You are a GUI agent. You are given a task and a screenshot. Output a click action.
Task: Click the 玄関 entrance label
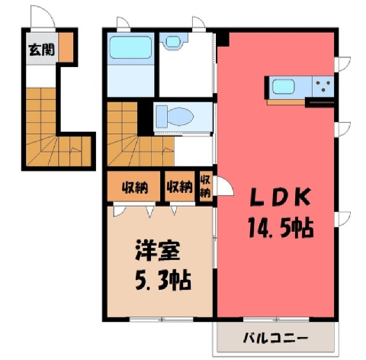click(x=41, y=50)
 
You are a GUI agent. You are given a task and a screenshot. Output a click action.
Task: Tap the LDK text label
click(x=281, y=198)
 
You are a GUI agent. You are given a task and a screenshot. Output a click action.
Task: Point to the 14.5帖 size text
click(x=281, y=227)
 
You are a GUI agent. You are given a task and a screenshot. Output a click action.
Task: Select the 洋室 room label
click(x=158, y=250)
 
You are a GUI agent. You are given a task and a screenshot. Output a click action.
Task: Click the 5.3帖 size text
click(x=163, y=281)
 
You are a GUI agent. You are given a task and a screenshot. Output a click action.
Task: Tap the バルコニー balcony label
click(x=275, y=339)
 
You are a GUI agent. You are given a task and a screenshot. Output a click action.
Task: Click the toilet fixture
click(x=175, y=117)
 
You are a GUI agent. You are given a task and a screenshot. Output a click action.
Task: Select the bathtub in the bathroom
click(x=130, y=47)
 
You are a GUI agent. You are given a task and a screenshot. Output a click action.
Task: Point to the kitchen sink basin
click(x=284, y=86)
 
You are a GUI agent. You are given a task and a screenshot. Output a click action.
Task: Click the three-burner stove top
click(x=323, y=86)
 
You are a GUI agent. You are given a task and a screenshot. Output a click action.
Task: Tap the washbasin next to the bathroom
click(x=173, y=41)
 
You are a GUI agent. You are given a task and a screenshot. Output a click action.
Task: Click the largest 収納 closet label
click(x=134, y=188)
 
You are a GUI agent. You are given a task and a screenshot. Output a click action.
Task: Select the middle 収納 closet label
click(x=179, y=187)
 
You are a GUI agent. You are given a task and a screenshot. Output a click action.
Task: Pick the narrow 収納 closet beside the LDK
click(x=206, y=187)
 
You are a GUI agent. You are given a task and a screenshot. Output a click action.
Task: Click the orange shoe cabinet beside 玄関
click(x=66, y=47)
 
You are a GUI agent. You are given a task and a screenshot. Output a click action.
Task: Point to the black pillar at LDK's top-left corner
click(x=223, y=39)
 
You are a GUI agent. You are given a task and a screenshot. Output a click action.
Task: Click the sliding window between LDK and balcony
click(x=276, y=320)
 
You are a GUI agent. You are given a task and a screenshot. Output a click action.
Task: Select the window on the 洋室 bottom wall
click(x=162, y=320)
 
